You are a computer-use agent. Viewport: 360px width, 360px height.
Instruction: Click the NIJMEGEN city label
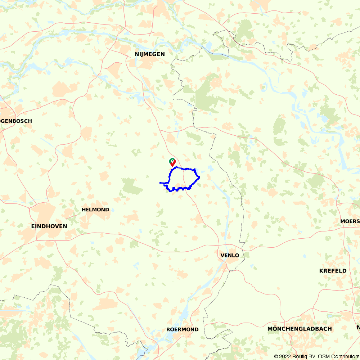149,54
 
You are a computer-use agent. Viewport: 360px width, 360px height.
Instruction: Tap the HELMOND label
95,210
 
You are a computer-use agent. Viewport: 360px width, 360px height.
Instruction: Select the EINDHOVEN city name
49,226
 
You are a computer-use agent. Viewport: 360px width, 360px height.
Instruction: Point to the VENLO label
230,255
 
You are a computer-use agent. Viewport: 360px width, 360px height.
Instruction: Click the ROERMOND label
182,329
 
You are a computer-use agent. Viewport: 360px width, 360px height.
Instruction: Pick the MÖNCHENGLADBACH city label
300,329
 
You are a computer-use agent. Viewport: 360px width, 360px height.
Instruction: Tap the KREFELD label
333,271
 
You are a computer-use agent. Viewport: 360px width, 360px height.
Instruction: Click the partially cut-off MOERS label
350,221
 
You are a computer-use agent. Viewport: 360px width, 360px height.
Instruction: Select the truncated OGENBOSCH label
16,121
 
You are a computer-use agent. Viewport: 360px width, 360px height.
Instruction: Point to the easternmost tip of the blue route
199,177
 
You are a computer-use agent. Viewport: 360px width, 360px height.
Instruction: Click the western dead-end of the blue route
160,183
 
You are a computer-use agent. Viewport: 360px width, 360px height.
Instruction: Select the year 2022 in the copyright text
285,356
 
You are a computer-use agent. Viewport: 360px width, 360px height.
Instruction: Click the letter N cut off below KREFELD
358,327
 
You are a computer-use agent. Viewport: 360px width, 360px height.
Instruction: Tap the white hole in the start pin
172,161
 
